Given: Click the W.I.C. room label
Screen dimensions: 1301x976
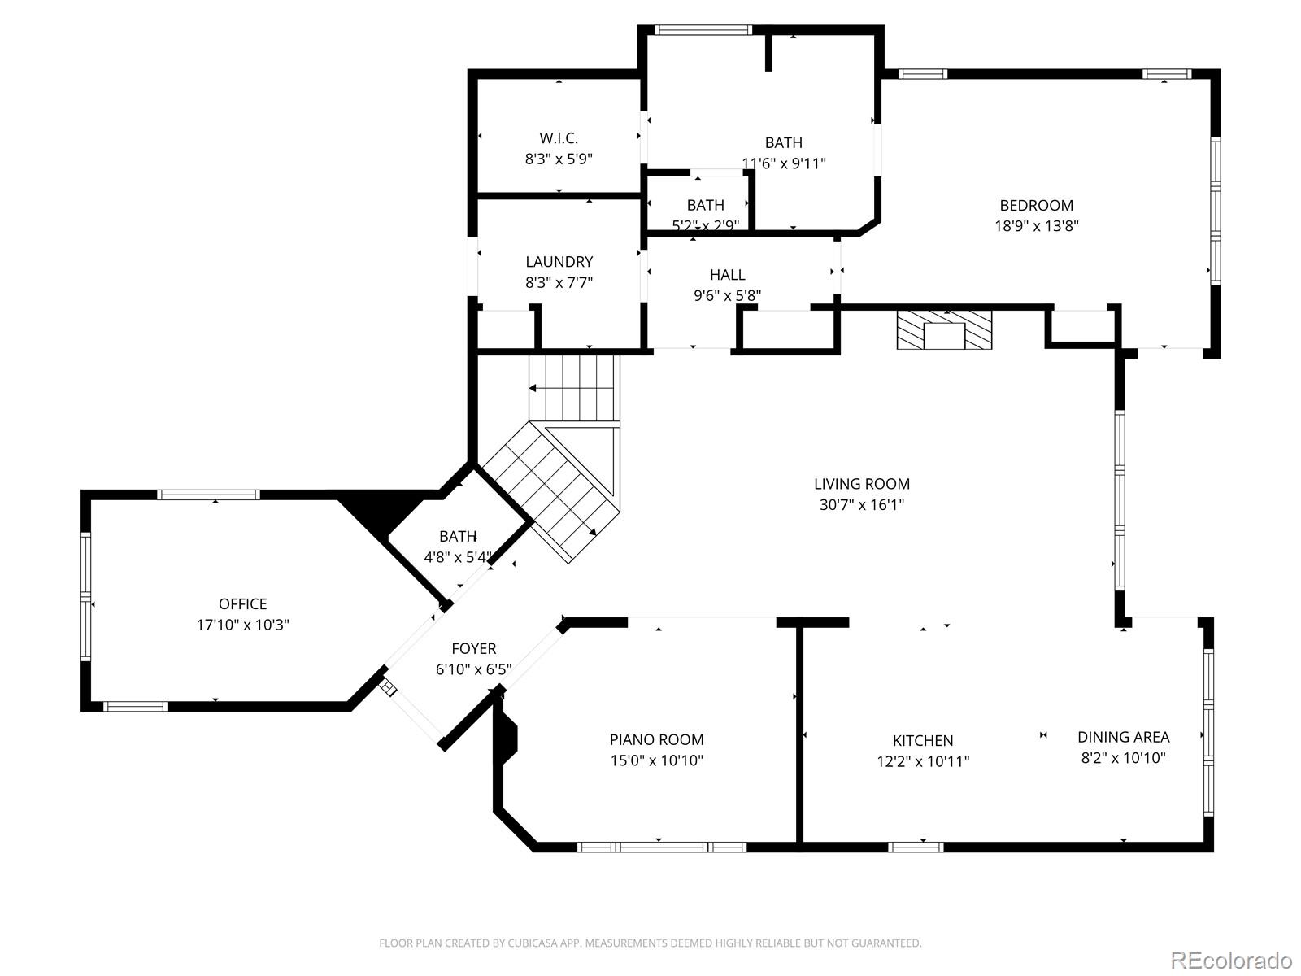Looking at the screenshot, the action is [x=559, y=138].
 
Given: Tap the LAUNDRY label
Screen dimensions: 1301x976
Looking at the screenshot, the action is [x=559, y=261].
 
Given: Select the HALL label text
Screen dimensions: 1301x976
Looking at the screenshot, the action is [x=727, y=275].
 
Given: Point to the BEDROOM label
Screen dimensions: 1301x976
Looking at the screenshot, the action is [x=1036, y=206].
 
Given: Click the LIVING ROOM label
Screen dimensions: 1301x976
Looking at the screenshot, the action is [x=861, y=484].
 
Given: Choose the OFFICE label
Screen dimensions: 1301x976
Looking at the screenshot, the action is [x=242, y=603].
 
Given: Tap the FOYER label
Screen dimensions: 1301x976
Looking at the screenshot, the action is [x=473, y=648].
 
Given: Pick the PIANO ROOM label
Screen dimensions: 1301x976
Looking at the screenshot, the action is [x=657, y=739].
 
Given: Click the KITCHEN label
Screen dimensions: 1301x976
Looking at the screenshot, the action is [x=923, y=740].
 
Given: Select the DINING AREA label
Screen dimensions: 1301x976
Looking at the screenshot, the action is [x=1123, y=737].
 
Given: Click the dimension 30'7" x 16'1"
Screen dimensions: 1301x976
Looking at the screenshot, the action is [x=861, y=505].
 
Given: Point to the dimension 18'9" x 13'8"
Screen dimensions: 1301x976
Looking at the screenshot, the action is [x=1036, y=226].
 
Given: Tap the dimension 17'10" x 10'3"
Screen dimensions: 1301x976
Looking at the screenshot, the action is [x=242, y=625].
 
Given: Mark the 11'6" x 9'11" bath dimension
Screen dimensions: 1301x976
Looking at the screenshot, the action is [x=784, y=163].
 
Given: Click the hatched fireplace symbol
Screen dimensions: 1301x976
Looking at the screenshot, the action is [x=943, y=329].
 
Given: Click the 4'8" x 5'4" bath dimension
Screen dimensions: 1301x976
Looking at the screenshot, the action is [x=458, y=557].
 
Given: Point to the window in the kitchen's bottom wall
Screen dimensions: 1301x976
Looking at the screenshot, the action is [x=915, y=847].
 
